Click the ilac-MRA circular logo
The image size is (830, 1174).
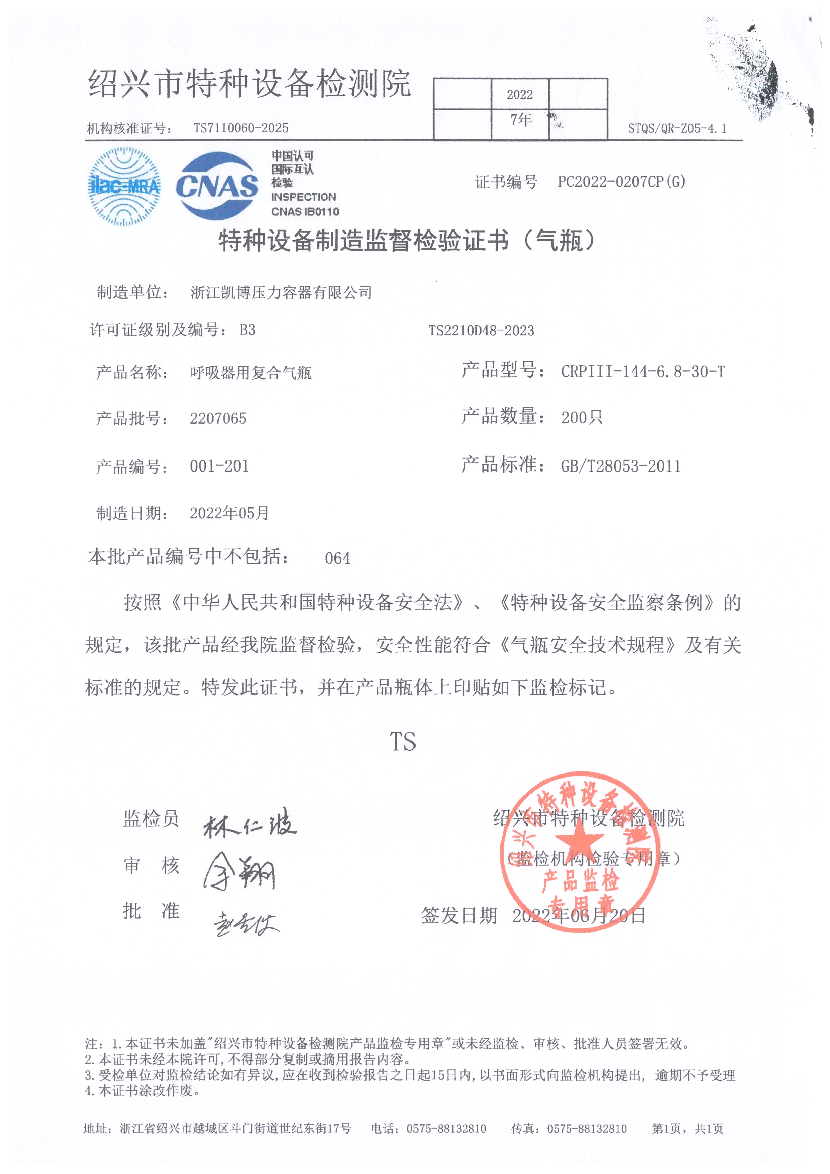point(125,187)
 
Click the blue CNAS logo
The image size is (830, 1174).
point(217,186)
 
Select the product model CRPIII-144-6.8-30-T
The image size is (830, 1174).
point(642,372)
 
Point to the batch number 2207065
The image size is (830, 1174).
point(218,419)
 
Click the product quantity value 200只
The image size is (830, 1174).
point(582,418)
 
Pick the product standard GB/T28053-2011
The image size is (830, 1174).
point(620,466)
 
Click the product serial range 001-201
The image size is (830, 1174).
point(219,466)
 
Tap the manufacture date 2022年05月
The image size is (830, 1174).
point(229,513)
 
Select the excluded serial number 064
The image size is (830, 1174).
point(337,558)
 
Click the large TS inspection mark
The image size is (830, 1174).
point(403,742)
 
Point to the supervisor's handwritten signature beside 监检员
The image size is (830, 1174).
point(250,824)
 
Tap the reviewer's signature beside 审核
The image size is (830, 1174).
point(239,871)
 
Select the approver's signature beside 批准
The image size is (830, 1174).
point(246,923)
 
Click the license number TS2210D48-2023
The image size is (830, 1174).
point(481,331)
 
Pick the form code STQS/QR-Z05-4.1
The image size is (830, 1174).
point(676,129)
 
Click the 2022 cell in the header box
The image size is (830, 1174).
point(520,94)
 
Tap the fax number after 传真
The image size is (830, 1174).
point(587,1128)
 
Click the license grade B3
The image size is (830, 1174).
point(247,330)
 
